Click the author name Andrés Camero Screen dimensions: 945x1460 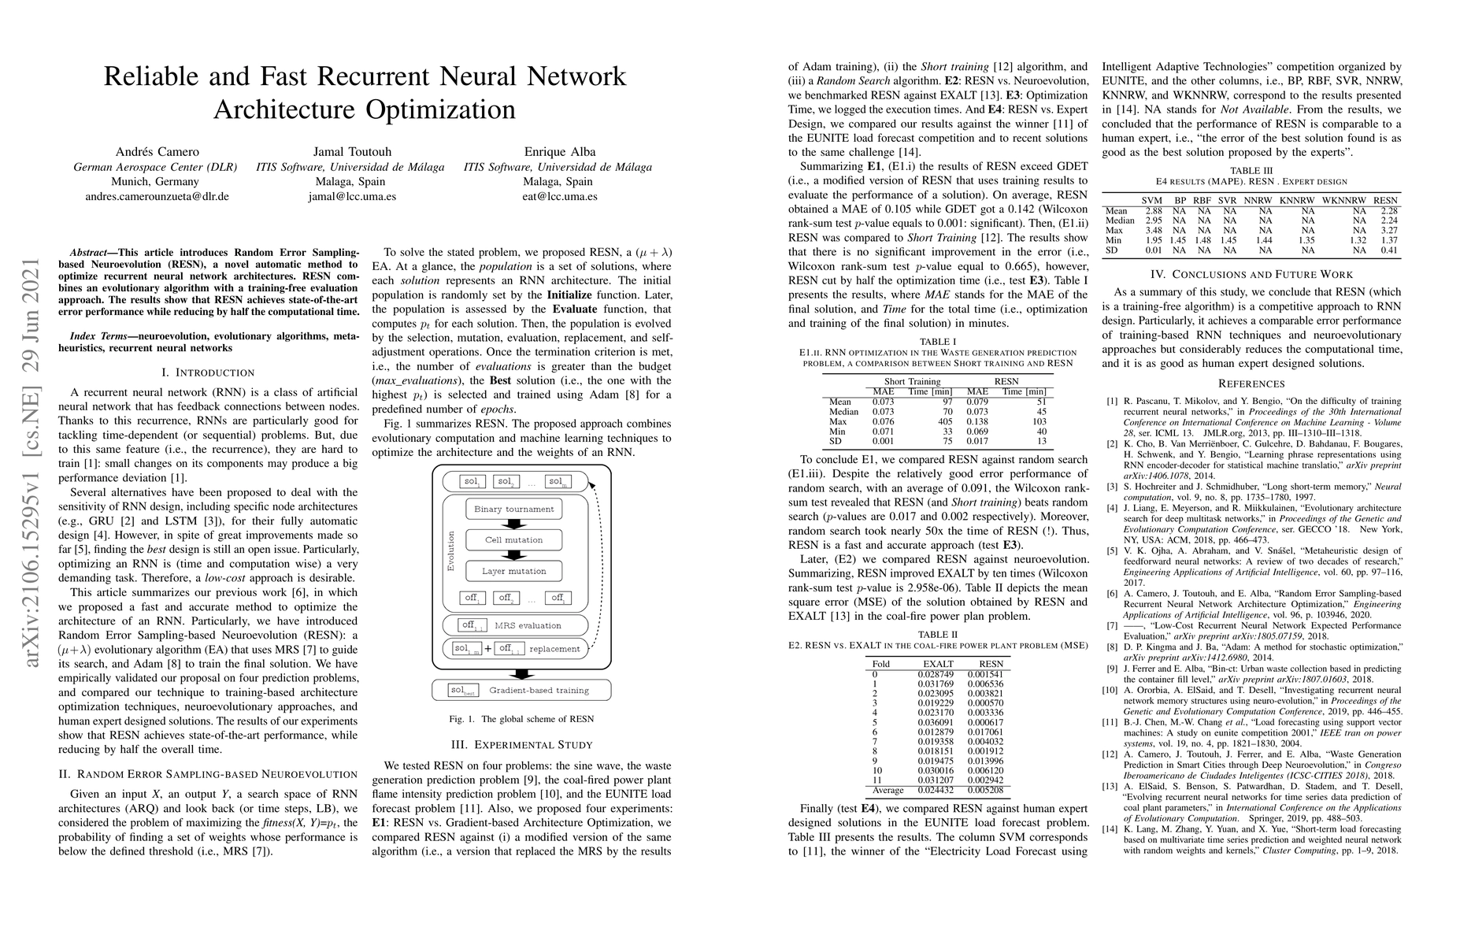[x=157, y=152]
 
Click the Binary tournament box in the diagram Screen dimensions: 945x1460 [x=513, y=509]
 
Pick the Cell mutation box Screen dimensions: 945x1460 [x=513, y=540]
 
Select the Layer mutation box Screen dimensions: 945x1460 [x=513, y=571]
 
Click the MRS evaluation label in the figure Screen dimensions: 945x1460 [x=528, y=625]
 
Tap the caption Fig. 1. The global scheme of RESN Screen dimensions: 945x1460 [x=521, y=719]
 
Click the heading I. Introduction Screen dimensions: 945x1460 [x=208, y=372]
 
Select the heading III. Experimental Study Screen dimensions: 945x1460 [x=521, y=744]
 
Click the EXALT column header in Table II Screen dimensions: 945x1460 [x=938, y=664]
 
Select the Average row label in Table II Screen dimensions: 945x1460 [x=887, y=790]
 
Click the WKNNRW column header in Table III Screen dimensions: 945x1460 [x=1343, y=201]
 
